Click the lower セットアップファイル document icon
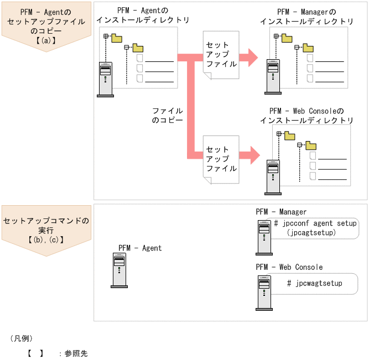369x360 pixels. point(221,160)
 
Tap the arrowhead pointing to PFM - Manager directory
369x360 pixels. point(252,57)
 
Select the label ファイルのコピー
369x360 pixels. point(167,115)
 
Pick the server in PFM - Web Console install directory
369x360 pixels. point(273,177)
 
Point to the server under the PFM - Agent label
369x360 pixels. point(119,271)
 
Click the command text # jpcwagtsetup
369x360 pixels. point(315,283)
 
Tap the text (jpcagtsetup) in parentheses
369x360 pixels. point(312,233)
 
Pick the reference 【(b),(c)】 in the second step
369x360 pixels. point(46,240)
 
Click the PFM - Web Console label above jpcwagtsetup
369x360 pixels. point(289,267)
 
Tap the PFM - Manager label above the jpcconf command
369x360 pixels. point(281,212)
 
